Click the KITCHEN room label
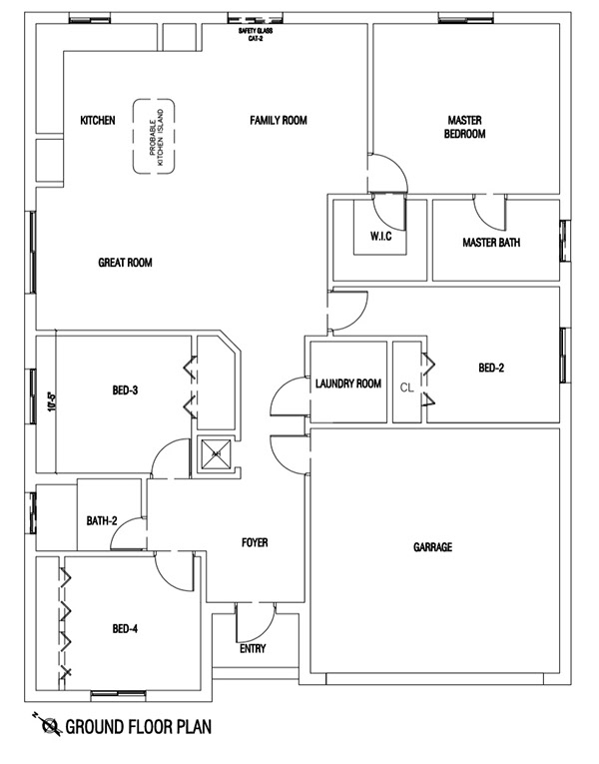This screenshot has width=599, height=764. pyautogui.click(x=98, y=121)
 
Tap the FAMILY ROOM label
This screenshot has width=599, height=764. pyautogui.click(x=278, y=121)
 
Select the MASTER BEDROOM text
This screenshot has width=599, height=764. pyautogui.click(x=465, y=126)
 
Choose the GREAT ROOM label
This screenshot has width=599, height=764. pyautogui.click(x=125, y=263)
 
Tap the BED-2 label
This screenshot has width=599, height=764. pyautogui.click(x=492, y=368)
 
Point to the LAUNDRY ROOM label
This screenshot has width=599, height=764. pyautogui.click(x=347, y=383)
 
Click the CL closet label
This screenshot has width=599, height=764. pyautogui.click(x=406, y=386)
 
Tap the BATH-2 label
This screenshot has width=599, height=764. pyautogui.click(x=102, y=520)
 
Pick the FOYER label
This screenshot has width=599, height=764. pyautogui.click(x=255, y=542)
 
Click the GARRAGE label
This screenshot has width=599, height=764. pyautogui.click(x=433, y=547)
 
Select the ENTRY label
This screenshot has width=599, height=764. pyautogui.click(x=254, y=649)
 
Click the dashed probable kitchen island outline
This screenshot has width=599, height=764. pyautogui.click(x=156, y=136)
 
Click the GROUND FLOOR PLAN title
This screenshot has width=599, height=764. pyautogui.click(x=138, y=727)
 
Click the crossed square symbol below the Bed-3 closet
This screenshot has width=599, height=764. pyautogui.click(x=213, y=455)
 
